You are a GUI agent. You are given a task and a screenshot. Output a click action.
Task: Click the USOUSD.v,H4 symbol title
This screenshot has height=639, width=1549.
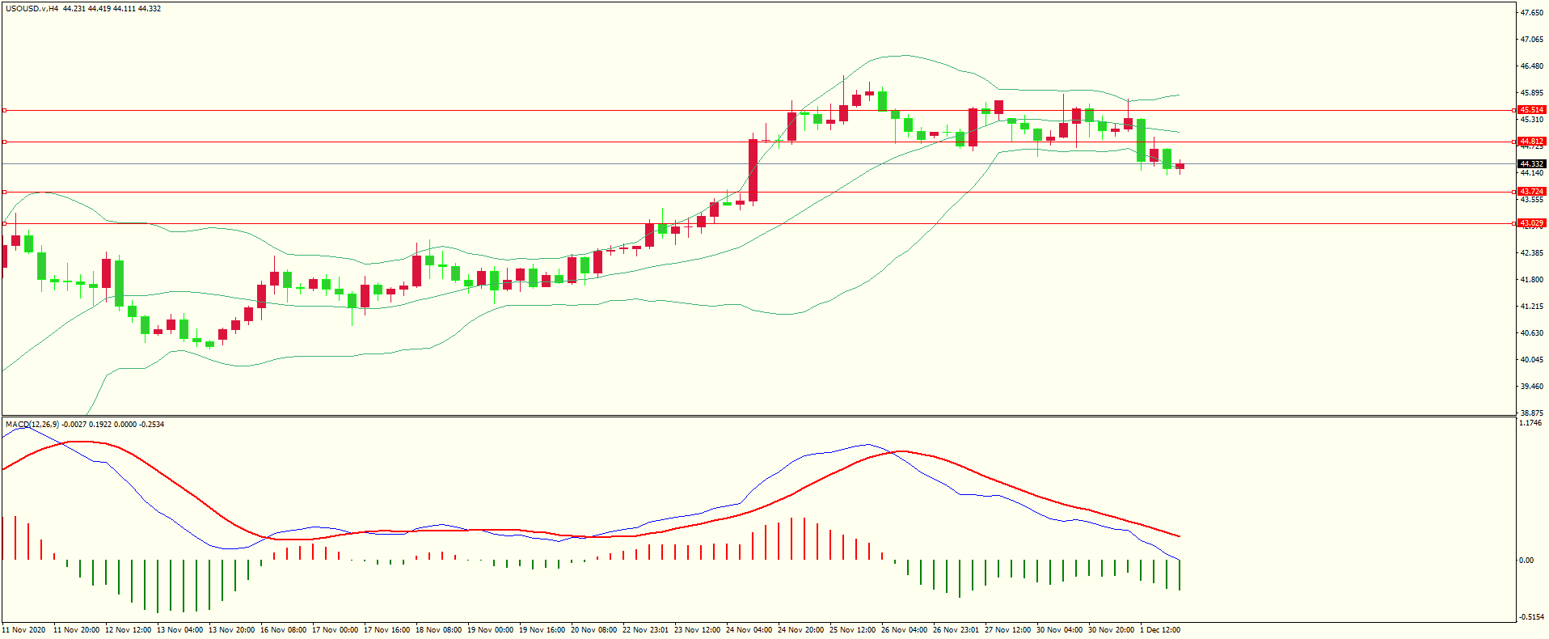[32, 9]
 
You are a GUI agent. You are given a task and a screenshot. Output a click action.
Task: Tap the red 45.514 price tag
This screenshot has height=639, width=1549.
[1531, 110]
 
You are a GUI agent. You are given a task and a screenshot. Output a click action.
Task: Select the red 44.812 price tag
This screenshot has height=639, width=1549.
[1531, 142]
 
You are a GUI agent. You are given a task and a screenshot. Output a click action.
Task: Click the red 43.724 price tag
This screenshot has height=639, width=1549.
[1531, 192]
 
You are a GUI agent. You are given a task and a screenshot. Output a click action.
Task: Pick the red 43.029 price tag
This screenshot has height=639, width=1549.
[1531, 223]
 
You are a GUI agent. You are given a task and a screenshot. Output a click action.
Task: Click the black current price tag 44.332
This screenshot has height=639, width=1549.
[1531, 164]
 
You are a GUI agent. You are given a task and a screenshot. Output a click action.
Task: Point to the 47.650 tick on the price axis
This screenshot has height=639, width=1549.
[1531, 13]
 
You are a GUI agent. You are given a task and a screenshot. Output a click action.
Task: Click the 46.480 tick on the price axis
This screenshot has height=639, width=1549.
[1531, 66]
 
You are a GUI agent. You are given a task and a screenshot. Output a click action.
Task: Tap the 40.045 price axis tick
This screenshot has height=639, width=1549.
[1531, 360]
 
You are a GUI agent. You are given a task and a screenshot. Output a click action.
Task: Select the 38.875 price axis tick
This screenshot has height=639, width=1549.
[1531, 413]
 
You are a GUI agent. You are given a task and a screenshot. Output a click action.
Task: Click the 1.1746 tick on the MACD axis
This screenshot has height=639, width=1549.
[1530, 423]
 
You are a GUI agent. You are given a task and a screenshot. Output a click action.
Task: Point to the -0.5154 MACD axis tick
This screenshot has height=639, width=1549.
[1530, 616]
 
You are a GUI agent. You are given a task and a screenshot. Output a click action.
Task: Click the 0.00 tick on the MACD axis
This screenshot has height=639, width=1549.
[1526, 560]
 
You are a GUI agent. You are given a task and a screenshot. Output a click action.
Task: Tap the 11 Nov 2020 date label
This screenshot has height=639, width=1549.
[24, 630]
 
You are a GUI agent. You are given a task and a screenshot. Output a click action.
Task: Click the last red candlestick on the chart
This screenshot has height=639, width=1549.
[1180, 166]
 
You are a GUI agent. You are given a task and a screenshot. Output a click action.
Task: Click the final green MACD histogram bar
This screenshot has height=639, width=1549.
[1180, 574]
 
